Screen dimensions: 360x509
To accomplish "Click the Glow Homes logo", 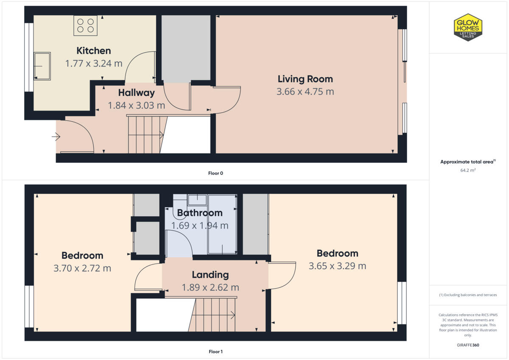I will (x=468, y=27).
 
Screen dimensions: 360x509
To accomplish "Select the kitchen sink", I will (x=42, y=66).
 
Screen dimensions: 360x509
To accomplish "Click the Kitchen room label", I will (x=93, y=51).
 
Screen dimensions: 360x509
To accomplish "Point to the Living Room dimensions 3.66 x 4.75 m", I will (x=305, y=92).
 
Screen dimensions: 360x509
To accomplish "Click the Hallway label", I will (x=136, y=92).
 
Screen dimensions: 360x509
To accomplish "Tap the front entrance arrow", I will (x=56, y=137).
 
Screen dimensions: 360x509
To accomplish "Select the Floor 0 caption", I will (x=215, y=173).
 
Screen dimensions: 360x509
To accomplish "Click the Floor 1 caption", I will (x=215, y=352).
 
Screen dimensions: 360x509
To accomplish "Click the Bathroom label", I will (x=199, y=213).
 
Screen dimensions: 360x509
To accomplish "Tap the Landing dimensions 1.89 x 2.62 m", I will (x=210, y=287).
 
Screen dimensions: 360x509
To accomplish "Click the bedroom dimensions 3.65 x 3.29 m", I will (x=337, y=266).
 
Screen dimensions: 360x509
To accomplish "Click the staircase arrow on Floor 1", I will (x=232, y=315).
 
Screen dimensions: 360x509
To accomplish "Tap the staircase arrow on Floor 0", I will (x=161, y=135).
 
